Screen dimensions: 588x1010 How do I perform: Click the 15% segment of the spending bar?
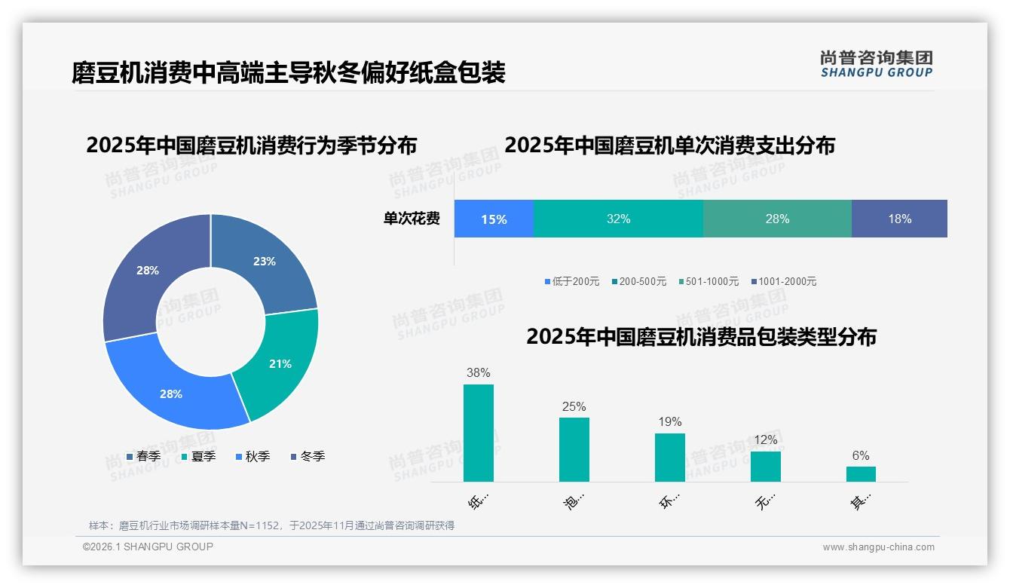[x=494, y=219]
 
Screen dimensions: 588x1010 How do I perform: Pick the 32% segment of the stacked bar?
[x=618, y=219]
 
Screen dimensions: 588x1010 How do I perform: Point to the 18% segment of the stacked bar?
[x=899, y=219]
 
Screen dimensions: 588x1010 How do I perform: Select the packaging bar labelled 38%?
[x=479, y=433]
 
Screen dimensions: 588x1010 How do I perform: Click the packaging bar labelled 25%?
[x=574, y=449]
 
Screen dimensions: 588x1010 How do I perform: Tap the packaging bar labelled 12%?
[x=766, y=466]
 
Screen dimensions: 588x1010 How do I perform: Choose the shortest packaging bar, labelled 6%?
[x=861, y=474]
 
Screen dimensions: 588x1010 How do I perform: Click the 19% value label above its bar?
[x=669, y=421]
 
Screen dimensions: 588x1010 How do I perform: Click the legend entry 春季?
[x=143, y=456]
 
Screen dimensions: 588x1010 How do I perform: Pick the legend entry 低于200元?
[x=572, y=281]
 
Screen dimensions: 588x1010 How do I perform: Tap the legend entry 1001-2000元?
[x=783, y=281]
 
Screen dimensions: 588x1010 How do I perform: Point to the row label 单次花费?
[x=412, y=219]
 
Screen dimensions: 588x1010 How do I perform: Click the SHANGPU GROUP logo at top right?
[x=877, y=64]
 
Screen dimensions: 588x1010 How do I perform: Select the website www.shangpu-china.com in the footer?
[x=878, y=547]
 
